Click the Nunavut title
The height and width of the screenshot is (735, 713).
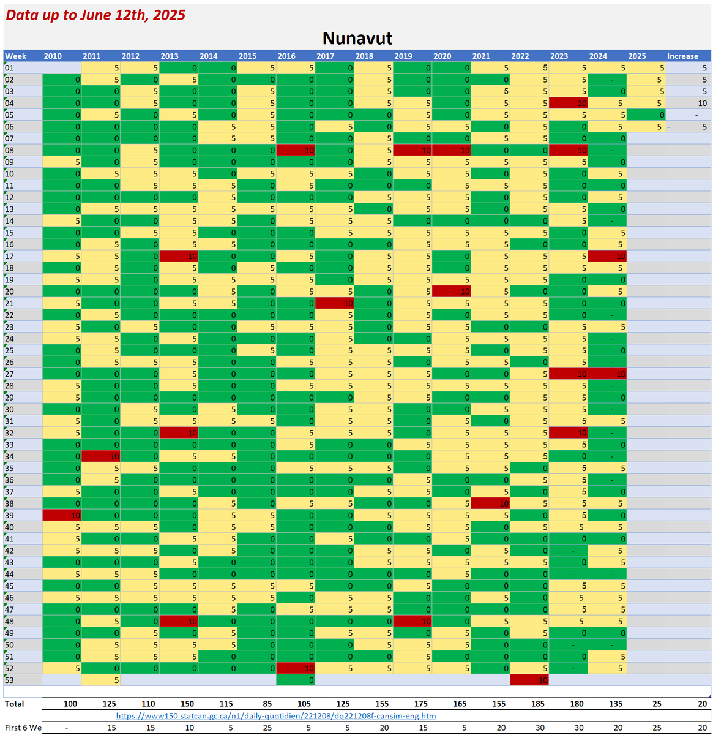pyautogui.click(x=357, y=38)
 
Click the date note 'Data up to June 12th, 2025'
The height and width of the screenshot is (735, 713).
pyautogui.click(x=95, y=15)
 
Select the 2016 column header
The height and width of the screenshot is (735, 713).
pyautogui.click(x=286, y=56)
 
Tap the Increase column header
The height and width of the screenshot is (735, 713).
pyautogui.click(x=682, y=56)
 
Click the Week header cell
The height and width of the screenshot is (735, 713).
pyautogui.click(x=16, y=56)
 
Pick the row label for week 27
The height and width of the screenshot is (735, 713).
pyautogui.click(x=10, y=374)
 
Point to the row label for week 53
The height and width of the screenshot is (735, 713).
pyautogui.click(x=10, y=680)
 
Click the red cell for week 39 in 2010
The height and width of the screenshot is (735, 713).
pyautogui.click(x=62, y=515)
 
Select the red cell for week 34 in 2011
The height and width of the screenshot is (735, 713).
pyautogui.click(x=101, y=456)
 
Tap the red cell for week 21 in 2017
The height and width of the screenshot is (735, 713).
pyautogui.click(x=335, y=303)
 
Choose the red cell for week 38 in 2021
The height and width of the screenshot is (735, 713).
pyautogui.click(x=491, y=503)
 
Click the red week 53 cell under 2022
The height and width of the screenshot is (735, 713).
pyautogui.click(x=529, y=680)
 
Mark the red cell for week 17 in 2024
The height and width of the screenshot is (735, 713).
pyautogui.click(x=607, y=256)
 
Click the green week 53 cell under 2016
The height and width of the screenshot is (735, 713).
pyautogui.click(x=296, y=680)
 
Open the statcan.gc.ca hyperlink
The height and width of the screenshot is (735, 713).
pyautogui.click(x=276, y=716)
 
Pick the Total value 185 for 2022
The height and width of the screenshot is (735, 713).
pyautogui.click(x=537, y=704)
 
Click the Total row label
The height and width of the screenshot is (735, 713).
pyautogui.click(x=15, y=704)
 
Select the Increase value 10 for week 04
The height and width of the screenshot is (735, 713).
pyautogui.click(x=688, y=103)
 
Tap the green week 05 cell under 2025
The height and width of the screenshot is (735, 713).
pyautogui.click(x=646, y=115)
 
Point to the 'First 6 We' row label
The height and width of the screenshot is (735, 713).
pyautogui.click(x=23, y=728)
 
